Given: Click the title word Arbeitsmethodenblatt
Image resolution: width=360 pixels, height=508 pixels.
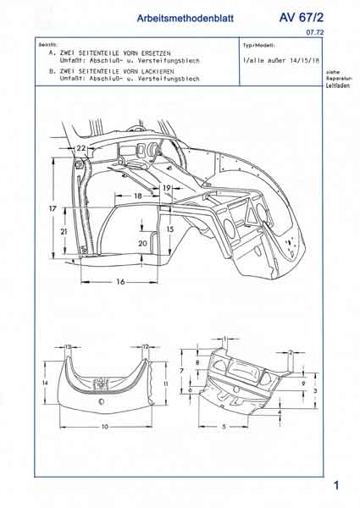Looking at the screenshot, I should [x=184, y=18].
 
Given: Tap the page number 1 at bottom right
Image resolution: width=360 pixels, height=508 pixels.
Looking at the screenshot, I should [x=336, y=485].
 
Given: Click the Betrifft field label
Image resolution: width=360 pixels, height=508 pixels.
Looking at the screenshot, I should [x=47, y=43].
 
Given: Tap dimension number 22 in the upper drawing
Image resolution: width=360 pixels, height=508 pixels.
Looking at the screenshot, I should [x=80, y=148].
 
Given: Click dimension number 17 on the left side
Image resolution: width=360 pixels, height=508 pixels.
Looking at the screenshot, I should [x=52, y=207].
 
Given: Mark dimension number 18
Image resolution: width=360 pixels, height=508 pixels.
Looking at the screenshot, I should [x=138, y=196].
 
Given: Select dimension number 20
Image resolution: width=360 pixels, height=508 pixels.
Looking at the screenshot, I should [x=142, y=242].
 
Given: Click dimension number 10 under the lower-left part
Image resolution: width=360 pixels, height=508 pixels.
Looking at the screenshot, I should [x=105, y=427].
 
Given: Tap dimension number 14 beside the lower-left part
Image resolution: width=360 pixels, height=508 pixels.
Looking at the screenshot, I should [x=45, y=383].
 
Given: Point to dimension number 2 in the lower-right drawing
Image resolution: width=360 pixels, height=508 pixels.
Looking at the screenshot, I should [x=290, y=351].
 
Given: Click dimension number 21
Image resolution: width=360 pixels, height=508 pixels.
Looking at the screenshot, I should [x=64, y=230].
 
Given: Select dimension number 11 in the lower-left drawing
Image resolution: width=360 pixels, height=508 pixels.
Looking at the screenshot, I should [x=166, y=384].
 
